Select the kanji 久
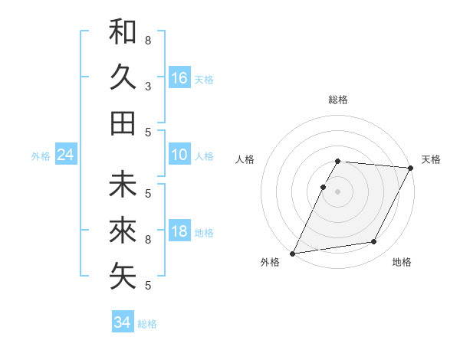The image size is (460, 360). coord(123,77)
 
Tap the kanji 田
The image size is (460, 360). coord(123,123)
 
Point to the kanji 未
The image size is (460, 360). coord(123,185)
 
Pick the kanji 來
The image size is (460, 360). coord(123,231)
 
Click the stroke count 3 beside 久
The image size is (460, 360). coord(148,86)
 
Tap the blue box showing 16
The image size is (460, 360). coord(179,77)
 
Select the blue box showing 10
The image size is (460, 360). coord(179,155)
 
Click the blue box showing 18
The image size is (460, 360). coord(179,231)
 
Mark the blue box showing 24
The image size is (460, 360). coord(66,155)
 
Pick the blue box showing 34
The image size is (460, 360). coord(122,322)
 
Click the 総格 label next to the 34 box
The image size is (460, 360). coord(148,324)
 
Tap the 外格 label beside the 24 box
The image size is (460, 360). coord(41,156)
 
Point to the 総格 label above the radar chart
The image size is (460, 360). coord(338,100)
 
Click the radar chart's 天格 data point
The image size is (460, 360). coord(412,169)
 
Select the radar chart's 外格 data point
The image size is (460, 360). coord(292,254)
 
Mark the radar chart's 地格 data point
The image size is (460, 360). coord(374,242)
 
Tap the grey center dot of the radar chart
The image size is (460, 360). coord(338,191)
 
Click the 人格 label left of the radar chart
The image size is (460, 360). coord(245,159)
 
